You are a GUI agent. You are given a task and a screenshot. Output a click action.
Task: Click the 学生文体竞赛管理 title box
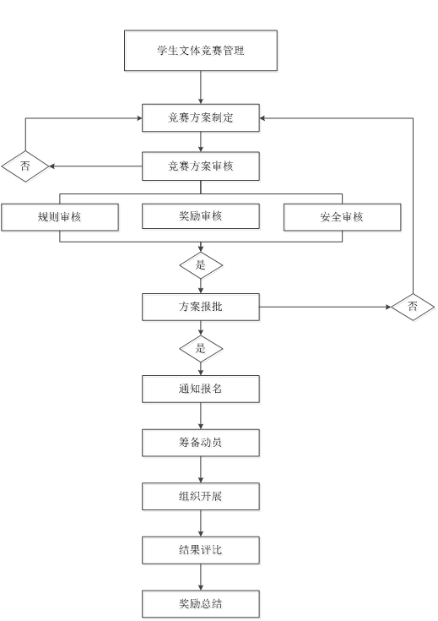point(201,51)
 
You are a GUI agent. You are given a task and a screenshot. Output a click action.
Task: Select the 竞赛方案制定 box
point(201,118)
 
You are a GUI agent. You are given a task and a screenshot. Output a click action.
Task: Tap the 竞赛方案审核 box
point(201,166)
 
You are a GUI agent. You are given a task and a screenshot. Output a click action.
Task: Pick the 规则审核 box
point(60,217)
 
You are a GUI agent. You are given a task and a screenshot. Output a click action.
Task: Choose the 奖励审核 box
point(201,216)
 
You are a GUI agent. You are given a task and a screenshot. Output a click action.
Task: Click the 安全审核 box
point(343,217)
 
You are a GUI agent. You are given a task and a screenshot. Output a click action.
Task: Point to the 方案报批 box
point(201,307)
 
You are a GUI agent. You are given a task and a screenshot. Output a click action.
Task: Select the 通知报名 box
point(201,389)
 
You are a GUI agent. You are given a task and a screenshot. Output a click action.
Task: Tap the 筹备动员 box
point(201,443)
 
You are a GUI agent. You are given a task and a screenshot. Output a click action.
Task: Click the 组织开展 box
point(201,496)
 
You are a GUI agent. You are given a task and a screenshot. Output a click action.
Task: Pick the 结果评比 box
point(201,550)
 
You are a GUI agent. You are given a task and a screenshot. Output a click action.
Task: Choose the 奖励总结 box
point(201,604)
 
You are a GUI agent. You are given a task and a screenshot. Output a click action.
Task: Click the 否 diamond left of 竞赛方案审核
point(25,166)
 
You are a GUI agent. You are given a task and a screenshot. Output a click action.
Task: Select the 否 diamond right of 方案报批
point(413,307)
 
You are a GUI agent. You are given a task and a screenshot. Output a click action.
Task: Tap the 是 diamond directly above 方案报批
point(201,265)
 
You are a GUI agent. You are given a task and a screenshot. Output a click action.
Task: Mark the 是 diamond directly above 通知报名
point(201,349)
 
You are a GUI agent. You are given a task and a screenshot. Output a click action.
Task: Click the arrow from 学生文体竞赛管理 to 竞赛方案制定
point(201,88)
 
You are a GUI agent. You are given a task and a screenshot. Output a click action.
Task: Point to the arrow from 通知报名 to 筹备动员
point(201,416)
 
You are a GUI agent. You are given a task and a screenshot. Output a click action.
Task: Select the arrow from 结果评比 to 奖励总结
point(201,577)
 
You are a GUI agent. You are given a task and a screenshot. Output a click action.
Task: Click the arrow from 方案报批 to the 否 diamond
point(325,307)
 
